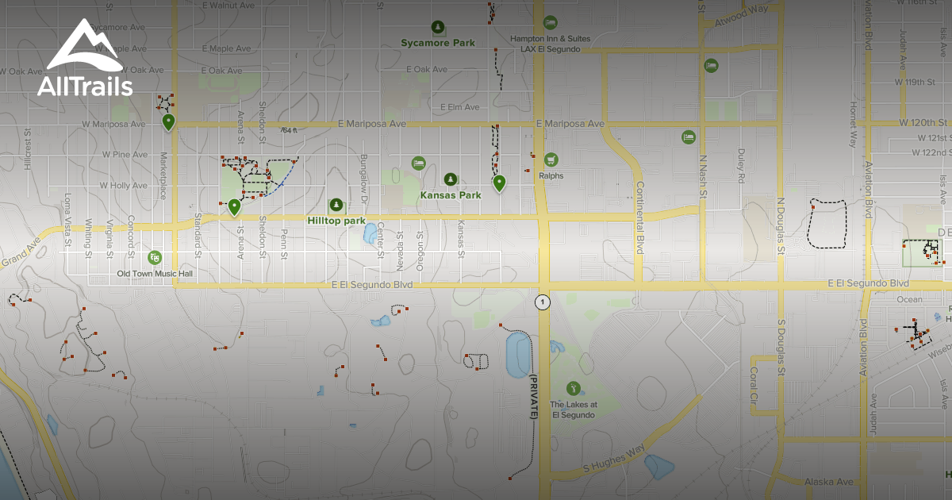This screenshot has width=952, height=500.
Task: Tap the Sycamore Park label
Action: pyautogui.click(x=437, y=43)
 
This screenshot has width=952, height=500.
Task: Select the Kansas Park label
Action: pyautogui.click(x=451, y=195)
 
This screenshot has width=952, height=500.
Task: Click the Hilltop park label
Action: pyautogui.click(x=336, y=221)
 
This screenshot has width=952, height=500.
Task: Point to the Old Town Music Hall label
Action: pyautogui.click(x=155, y=274)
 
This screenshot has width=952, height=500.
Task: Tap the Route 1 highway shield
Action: pyautogui.click(x=542, y=302)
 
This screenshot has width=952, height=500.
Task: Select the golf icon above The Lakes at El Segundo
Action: pyautogui.click(x=573, y=388)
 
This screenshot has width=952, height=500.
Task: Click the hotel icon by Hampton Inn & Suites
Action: pyautogui.click(x=550, y=22)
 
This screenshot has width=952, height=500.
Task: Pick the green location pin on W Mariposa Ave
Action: pyautogui.click(x=168, y=121)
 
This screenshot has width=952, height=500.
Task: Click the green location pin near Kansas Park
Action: pyautogui.click(x=499, y=183)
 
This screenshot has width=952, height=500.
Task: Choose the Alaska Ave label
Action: pyautogui.click(x=828, y=482)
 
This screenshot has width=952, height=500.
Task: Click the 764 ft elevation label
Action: pyautogui.click(x=289, y=130)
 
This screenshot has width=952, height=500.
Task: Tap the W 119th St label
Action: pyautogui.click(x=917, y=82)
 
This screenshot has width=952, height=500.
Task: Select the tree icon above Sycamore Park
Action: pyautogui.click(x=436, y=28)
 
